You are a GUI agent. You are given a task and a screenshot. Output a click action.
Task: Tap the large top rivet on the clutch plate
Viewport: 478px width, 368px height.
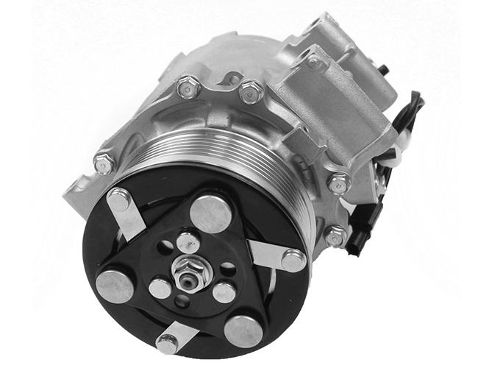click(210, 214)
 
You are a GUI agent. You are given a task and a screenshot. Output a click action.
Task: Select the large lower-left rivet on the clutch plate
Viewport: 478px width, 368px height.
click(115, 286)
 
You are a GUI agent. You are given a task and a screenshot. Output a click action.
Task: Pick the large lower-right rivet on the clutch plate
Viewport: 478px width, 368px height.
click(243, 330)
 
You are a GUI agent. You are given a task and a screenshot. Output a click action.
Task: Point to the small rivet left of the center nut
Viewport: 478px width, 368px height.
click(160, 288)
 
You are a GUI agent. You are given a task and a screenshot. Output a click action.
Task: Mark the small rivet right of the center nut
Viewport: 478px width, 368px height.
click(224, 291)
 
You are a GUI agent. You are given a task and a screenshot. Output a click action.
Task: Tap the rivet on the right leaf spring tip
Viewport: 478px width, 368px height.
click(293, 261)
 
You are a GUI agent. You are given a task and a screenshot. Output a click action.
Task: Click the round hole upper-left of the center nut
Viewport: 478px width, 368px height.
click(165, 247)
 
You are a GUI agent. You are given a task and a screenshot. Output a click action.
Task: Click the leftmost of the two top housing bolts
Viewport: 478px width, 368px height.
click(189, 88)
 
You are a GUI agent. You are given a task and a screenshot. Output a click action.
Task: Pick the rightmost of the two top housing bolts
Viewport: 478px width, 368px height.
click(251, 92)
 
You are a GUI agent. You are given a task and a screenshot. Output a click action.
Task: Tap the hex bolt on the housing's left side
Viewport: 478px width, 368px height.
click(104, 163)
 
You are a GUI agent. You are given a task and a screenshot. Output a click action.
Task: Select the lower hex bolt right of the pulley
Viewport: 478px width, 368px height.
click(335, 236)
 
